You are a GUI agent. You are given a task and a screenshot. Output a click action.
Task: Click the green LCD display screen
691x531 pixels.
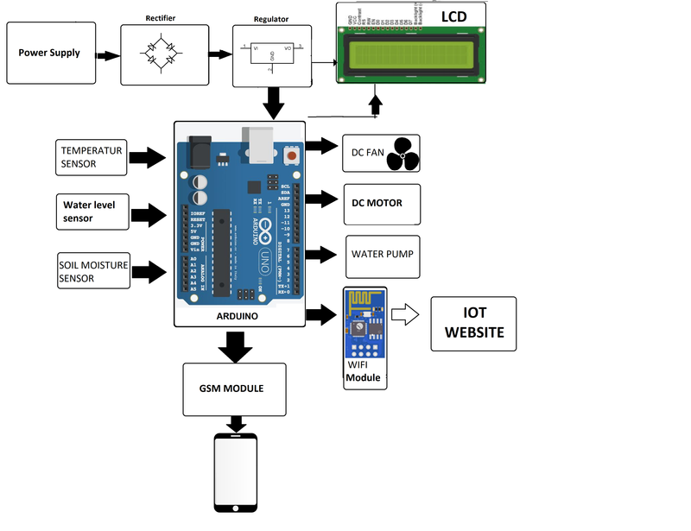point(410,56)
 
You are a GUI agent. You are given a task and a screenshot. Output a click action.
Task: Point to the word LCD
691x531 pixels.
point(456,17)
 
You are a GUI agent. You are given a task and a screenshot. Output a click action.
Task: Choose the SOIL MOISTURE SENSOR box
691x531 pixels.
point(92,271)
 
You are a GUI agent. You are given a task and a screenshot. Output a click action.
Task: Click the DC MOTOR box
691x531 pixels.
point(381,203)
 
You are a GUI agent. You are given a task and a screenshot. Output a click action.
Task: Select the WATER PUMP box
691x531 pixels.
point(383,256)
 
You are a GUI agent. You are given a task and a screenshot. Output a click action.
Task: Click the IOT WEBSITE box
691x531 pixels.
point(472,324)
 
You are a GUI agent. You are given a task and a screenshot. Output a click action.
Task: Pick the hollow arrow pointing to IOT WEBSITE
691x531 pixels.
point(405,315)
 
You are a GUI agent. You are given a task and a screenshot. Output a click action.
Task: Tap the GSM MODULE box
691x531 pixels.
point(235,389)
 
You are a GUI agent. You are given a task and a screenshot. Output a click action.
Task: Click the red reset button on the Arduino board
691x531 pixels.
point(291,155)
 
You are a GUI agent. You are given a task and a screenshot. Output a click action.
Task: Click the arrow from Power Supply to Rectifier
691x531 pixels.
point(106,55)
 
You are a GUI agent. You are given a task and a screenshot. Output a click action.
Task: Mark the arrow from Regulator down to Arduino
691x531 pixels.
point(275,104)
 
